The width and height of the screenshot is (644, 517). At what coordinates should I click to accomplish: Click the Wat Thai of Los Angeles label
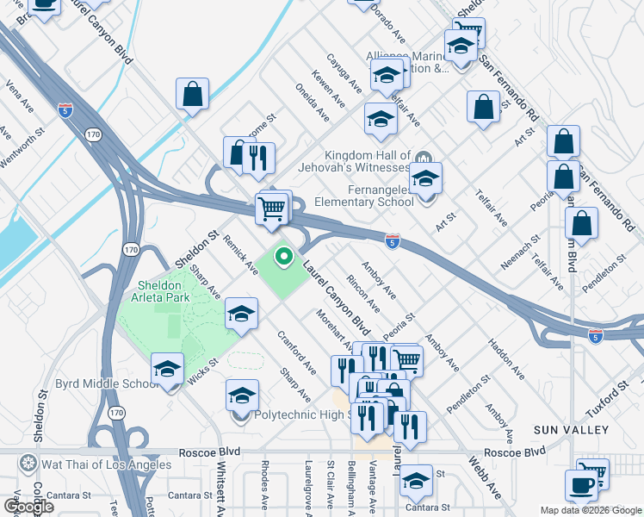point(96,464)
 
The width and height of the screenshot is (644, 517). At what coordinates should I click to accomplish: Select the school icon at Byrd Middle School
point(167,371)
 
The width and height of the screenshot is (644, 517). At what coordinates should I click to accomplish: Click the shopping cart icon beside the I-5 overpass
point(271,208)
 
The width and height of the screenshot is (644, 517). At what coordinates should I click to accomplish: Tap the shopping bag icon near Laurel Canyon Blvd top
point(193,95)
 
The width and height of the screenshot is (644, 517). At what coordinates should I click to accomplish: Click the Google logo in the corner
point(28,507)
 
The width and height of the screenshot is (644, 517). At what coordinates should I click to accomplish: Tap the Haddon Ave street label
point(506,359)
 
